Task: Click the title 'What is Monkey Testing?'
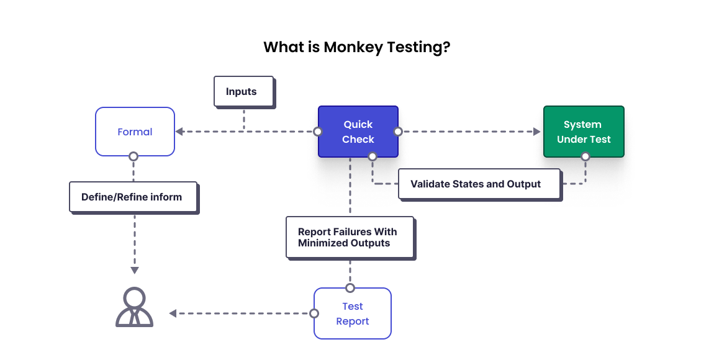[x=356, y=47]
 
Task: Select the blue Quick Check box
[x=358, y=132]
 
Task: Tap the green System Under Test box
[x=584, y=132]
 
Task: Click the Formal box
[x=135, y=132]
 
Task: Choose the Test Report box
[x=353, y=313]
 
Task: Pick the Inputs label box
[x=243, y=91]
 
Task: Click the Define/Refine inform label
[x=133, y=197]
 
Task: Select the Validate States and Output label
[x=479, y=184]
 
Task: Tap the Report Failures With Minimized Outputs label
[x=350, y=237]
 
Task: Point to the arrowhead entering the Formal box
[x=179, y=132]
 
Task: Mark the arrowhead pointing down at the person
[x=134, y=270]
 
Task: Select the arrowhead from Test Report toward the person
[x=173, y=313]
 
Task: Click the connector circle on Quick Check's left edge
[x=318, y=132]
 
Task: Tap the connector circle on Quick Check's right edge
[x=398, y=132]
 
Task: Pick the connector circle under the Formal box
[x=133, y=156]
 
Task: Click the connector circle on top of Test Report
[x=350, y=288]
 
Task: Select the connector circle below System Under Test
[x=585, y=157]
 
